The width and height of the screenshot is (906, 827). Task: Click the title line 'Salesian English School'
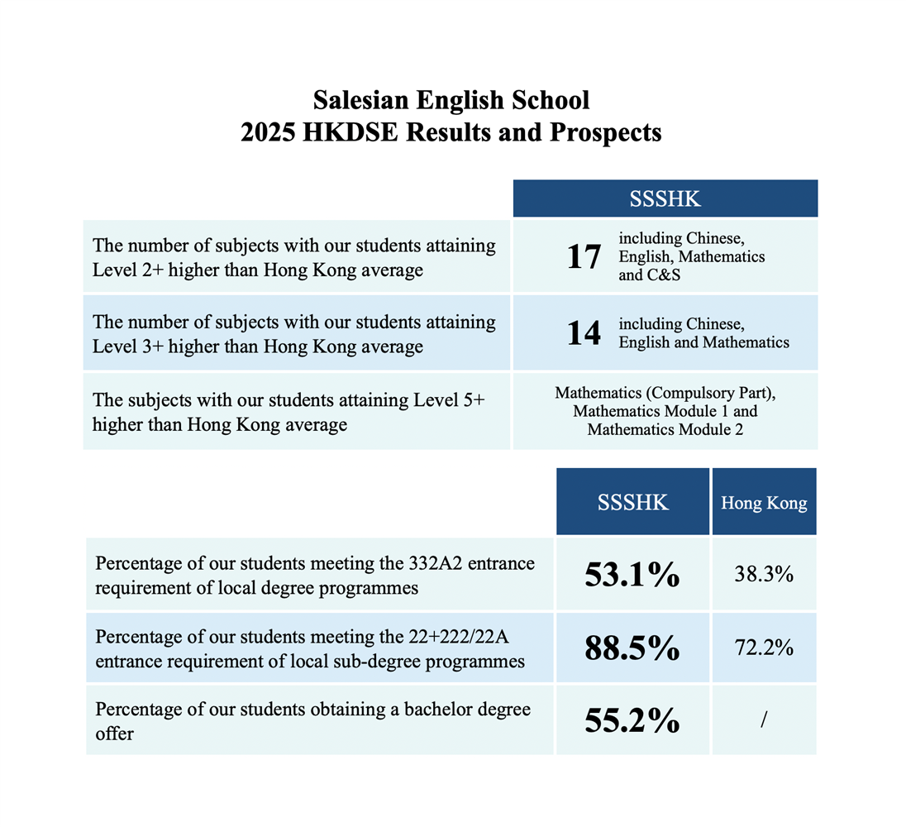(x=451, y=101)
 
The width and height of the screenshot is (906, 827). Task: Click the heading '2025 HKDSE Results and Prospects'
(x=451, y=133)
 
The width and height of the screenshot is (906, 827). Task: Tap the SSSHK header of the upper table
(x=665, y=199)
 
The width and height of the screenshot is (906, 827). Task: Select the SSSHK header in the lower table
(x=632, y=503)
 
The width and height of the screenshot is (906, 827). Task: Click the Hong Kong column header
(x=764, y=503)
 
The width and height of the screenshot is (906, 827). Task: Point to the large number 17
(x=584, y=257)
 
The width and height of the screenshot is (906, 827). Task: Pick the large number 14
(x=584, y=333)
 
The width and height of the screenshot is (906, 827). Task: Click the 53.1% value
(x=632, y=575)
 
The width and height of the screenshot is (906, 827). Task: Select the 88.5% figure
(x=632, y=648)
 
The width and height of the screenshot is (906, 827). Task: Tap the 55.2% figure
(x=632, y=721)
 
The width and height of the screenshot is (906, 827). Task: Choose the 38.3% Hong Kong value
(x=764, y=575)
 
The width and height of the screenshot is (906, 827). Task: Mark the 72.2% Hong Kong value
(x=764, y=648)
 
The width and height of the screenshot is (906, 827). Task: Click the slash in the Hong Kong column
(x=764, y=721)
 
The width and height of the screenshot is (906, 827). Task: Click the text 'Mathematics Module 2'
(x=665, y=429)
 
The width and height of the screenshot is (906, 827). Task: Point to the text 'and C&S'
(x=649, y=275)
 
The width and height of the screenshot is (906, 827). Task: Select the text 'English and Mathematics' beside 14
(x=703, y=342)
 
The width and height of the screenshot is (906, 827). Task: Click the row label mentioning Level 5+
(x=288, y=412)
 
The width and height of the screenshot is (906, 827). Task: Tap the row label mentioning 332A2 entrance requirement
(x=315, y=576)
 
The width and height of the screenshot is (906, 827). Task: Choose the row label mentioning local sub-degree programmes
(x=310, y=649)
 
